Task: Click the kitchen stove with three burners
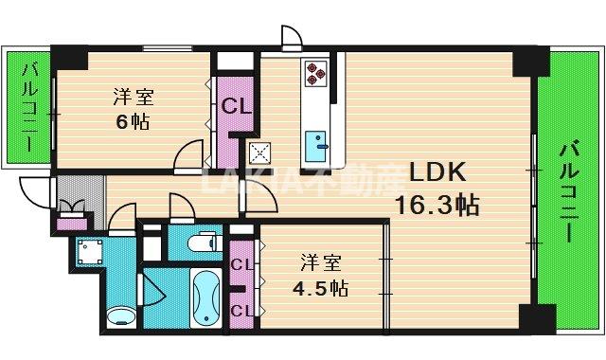(x=314, y=72)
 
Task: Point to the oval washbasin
(x=120, y=315)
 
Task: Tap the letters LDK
(x=436, y=171)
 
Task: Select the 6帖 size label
(x=132, y=121)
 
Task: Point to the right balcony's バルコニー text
(x=568, y=190)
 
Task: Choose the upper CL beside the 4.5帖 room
(x=241, y=264)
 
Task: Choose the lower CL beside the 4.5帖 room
(x=241, y=310)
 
